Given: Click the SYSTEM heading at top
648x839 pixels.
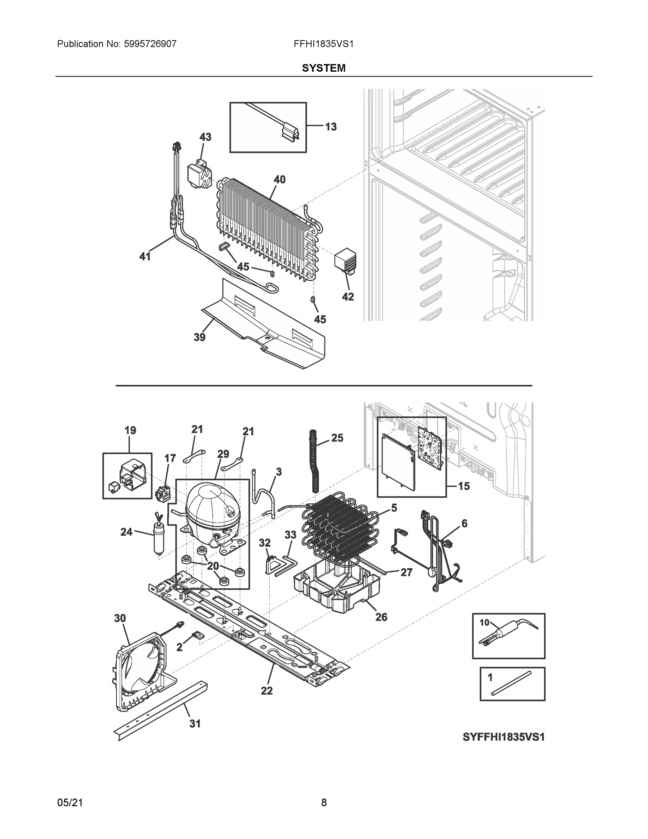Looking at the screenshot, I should coord(323,68).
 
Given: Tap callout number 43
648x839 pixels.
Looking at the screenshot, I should coord(205,137).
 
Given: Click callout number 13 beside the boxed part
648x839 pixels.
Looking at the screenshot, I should coord(331,127).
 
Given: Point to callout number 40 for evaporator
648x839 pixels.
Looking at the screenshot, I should coord(279,179).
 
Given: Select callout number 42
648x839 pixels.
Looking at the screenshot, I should coord(348,296).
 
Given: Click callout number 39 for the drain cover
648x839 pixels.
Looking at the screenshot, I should coord(199,337).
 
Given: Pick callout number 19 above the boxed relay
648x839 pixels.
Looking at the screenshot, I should coord(130,431).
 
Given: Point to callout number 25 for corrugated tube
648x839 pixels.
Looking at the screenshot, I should coord(337,438).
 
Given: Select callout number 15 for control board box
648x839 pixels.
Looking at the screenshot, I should coord(464,486).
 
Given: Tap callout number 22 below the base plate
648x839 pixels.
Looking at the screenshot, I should coord(267,691).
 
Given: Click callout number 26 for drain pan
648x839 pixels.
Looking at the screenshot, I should coord(381,617).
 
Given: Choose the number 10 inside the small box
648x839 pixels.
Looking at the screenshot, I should coord(485,622).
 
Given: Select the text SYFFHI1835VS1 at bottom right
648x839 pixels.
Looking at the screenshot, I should coord(503,737).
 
